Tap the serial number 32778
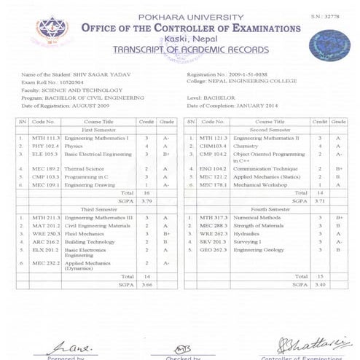pos(340,15)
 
